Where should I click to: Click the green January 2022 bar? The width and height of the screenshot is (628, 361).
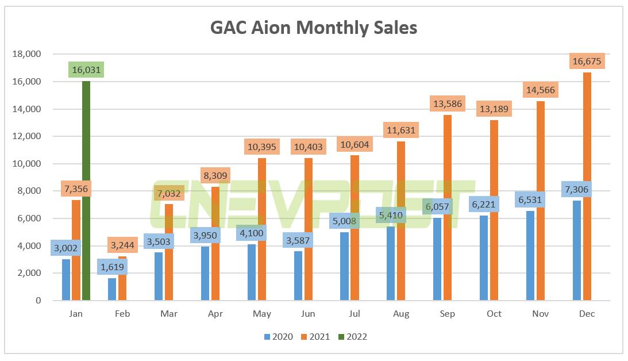(x=86, y=190)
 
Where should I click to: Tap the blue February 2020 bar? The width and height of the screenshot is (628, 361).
(x=112, y=289)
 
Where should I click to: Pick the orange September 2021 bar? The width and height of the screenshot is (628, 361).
(x=448, y=207)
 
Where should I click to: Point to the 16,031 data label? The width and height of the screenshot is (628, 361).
(x=86, y=70)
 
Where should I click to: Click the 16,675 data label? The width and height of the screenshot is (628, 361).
(x=587, y=61)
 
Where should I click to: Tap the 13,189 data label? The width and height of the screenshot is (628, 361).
(x=494, y=109)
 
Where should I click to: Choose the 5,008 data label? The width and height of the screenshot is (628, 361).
(x=343, y=220)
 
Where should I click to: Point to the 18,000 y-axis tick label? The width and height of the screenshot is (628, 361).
(x=26, y=54)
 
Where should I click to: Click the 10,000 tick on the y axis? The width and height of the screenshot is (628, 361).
(x=26, y=164)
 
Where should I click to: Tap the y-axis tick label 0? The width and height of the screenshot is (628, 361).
(x=39, y=301)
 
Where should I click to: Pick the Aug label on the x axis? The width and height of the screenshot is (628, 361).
(x=401, y=314)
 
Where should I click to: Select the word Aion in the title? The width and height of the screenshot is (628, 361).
(x=273, y=27)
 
